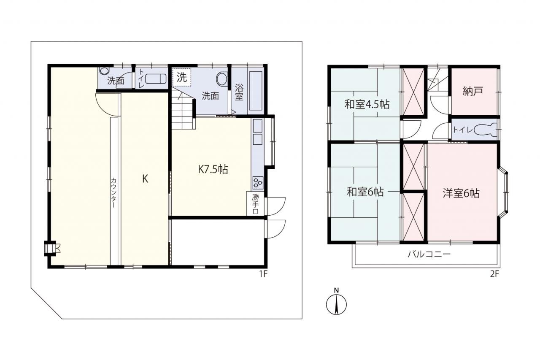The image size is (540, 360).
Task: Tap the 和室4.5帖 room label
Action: [367, 105]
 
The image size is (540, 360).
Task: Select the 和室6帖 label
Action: [365, 192]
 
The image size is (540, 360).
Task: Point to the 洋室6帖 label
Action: [461, 193]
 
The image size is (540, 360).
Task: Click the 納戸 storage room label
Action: [473, 91]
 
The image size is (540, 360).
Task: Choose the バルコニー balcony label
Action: [429, 254]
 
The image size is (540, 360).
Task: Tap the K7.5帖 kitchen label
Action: [213, 169]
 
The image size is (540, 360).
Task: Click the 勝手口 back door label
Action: [256, 204]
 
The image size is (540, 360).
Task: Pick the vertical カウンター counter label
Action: [113, 193]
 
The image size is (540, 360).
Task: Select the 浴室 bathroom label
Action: [239, 92]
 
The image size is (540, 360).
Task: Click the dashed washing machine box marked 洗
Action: [182, 77]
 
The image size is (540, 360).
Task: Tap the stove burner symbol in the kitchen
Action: [258, 183]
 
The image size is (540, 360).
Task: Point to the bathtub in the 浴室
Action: [255, 91]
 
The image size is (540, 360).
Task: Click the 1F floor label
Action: [263, 274]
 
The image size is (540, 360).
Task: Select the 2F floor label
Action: [494, 274]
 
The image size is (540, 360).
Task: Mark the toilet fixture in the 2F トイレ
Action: [486, 130]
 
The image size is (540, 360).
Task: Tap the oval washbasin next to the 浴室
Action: [221, 79]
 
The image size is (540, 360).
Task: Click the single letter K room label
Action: [145, 179]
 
